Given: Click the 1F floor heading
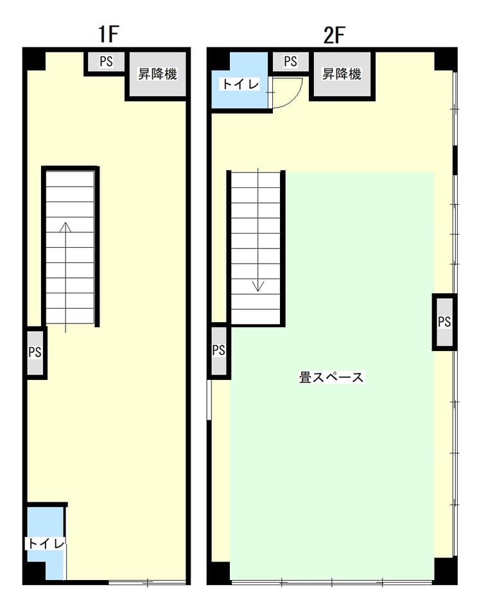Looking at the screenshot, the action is pyautogui.click(x=108, y=34).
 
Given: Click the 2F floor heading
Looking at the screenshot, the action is pyautogui.click(x=334, y=35).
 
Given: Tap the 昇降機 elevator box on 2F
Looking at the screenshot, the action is pyautogui.click(x=342, y=74).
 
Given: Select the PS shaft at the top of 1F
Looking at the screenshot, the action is pyautogui.click(x=106, y=62).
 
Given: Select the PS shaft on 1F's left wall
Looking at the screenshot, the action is pyautogui.click(x=35, y=352).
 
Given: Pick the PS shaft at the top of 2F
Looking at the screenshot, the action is pyautogui.click(x=291, y=62).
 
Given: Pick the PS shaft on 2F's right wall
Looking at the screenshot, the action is pyautogui.click(x=444, y=321).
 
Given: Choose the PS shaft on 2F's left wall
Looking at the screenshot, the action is pyautogui.click(x=219, y=350).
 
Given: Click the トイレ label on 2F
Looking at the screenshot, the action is pyautogui.click(x=241, y=84).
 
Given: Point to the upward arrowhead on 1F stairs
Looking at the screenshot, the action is pyautogui.click(x=65, y=227).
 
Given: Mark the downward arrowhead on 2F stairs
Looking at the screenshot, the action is pyautogui.click(x=258, y=286).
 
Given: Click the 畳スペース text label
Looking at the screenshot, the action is pyautogui.click(x=331, y=377).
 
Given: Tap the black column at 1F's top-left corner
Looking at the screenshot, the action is pyautogui.click(x=35, y=60).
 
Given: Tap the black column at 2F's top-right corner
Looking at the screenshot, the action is pyautogui.click(x=446, y=60).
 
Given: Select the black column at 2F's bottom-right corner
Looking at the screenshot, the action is pyautogui.click(x=445, y=570).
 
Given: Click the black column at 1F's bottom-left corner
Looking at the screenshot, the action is pyautogui.click(x=34, y=573).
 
